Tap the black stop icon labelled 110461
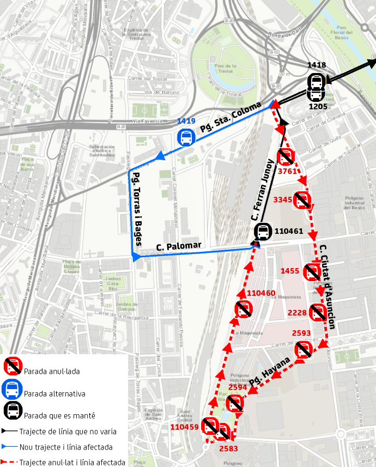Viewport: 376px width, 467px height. click(x=263, y=232)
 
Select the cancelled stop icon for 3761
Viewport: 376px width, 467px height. click(x=286, y=158)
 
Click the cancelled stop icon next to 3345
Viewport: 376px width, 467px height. click(x=302, y=201)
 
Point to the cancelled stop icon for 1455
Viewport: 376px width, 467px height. click(x=312, y=271)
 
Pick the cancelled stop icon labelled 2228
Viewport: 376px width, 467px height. click(x=317, y=313)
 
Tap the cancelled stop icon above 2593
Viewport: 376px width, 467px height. click(x=302, y=350)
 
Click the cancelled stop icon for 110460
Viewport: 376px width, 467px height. click(x=243, y=310)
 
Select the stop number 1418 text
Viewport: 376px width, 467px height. click(x=317, y=65)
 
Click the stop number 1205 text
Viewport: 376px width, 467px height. click(x=317, y=106)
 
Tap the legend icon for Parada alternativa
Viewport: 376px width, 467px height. click(x=12, y=390)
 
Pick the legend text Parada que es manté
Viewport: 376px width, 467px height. click(x=59, y=416)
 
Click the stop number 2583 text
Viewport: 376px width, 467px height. click(x=229, y=448)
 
